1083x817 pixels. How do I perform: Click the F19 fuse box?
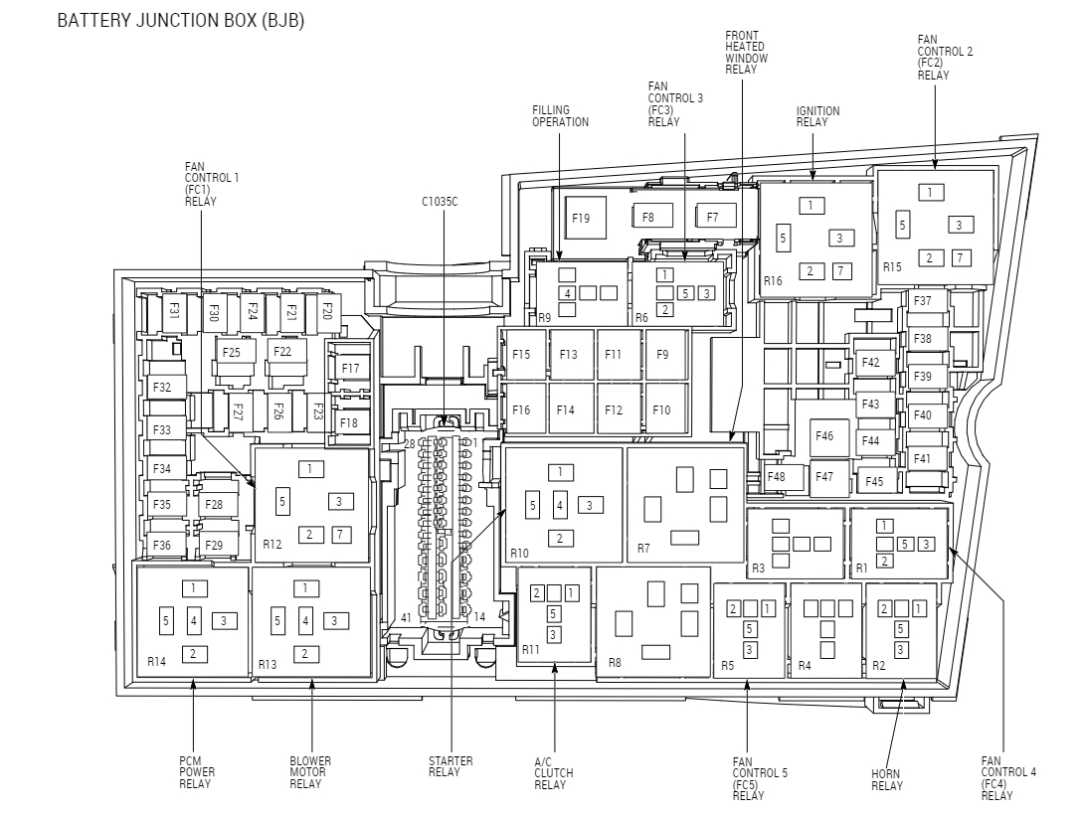tap(581, 217)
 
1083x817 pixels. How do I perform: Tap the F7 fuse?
tap(714, 216)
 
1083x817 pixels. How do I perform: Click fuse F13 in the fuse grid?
tap(569, 355)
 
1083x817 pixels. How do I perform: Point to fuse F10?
tap(662, 409)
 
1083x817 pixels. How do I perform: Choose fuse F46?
tap(824, 436)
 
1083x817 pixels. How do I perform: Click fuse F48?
tap(777, 477)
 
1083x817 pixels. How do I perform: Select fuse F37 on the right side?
tap(923, 301)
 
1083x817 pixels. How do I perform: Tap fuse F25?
tap(232, 352)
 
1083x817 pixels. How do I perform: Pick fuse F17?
tap(349, 368)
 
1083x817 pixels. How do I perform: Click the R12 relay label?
tap(272, 545)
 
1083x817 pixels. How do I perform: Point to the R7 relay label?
tap(643, 549)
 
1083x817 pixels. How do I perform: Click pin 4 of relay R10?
tap(561, 506)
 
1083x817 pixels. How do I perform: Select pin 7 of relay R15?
tap(960, 258)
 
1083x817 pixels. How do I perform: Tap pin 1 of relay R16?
tap(812, 206)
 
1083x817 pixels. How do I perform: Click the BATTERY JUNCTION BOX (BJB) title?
tap(180, 21)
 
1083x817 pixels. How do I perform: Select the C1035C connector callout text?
tap(440, 201)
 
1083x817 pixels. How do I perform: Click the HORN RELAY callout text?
tap(887, 780)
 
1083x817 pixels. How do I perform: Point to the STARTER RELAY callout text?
tap(451, 766)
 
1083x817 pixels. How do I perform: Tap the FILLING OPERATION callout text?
tap(560, 116)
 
